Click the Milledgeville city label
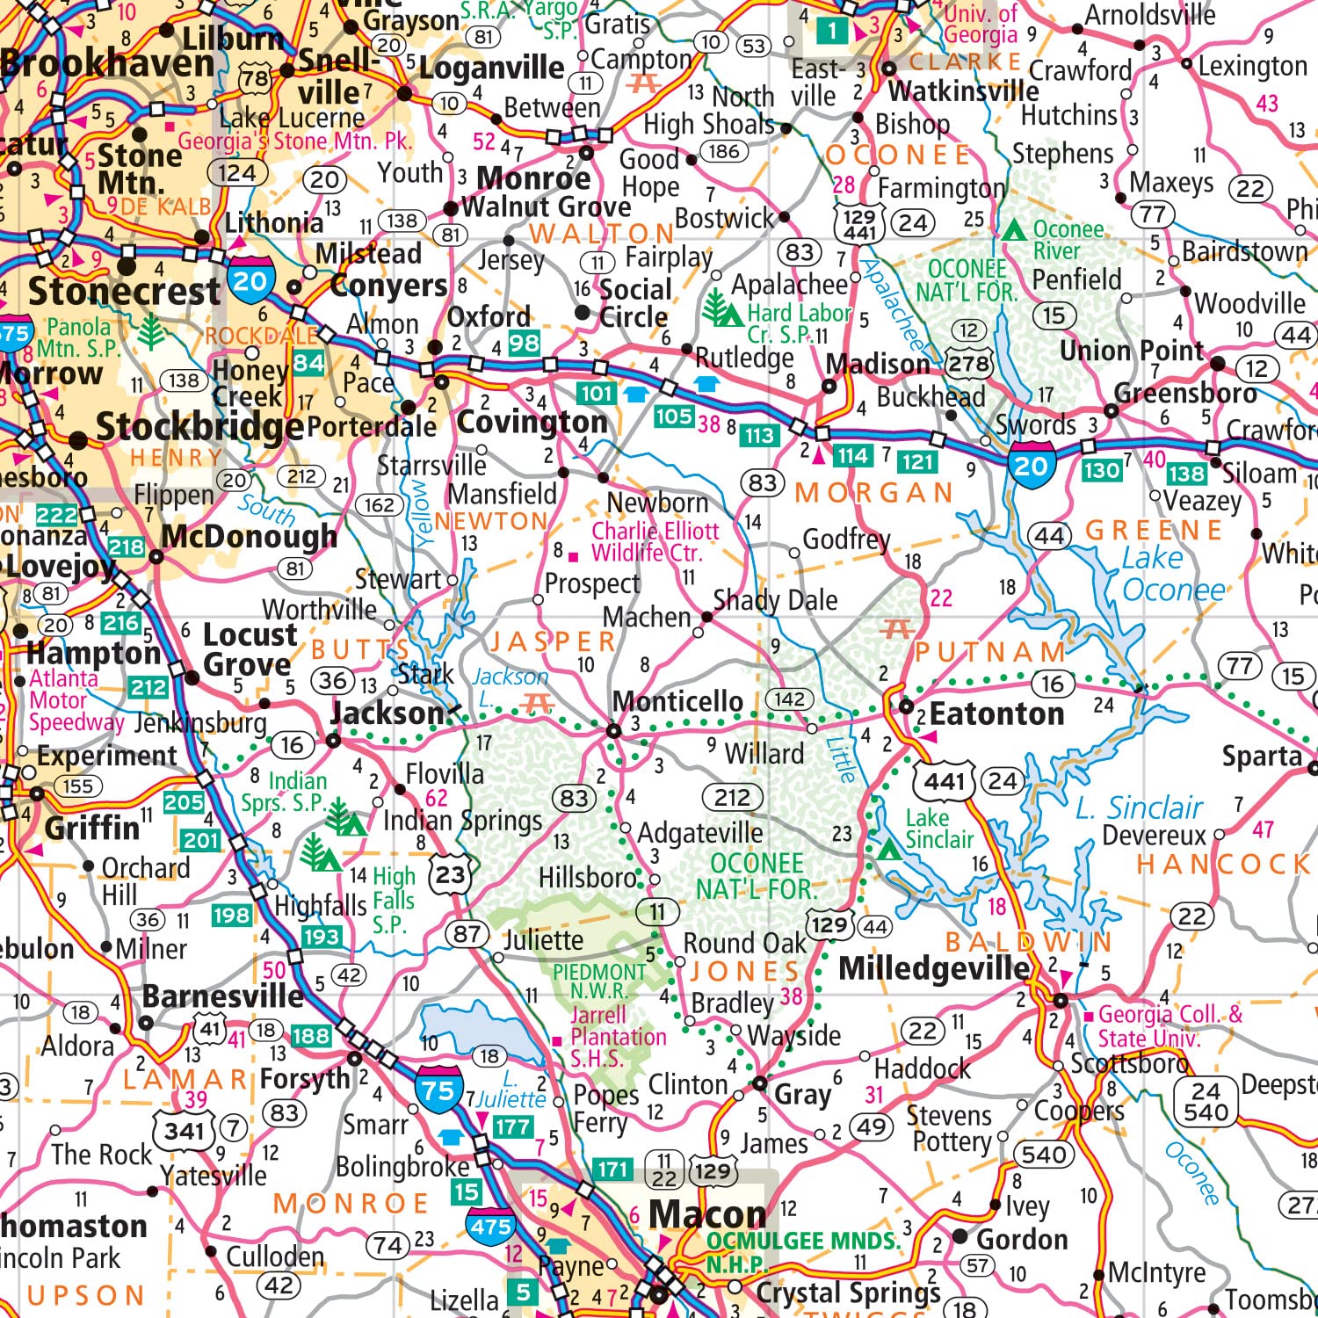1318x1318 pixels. (x=934, y=968)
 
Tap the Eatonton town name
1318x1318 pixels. (x=996, y=714)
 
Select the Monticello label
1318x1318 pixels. (x=677, y=701)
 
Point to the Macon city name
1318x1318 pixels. (x=707, y=1215)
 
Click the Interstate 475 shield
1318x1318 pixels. (x=490, y=1227)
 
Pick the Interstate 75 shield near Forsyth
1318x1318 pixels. (x=438, y=1091)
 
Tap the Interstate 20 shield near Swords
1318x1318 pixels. (x=1031, y=466)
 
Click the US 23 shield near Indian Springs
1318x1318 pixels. (x=451, y=874)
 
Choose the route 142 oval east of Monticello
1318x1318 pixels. (x=789, y=699)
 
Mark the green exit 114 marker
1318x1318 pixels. (x=852, y=456)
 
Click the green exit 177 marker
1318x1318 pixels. (x=512, y=1126)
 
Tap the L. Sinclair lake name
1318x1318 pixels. (x=1139, y=807)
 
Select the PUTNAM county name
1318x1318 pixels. (x=990, y=652)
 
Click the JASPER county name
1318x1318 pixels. (x=553, y=641)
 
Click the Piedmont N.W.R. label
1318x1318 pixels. (x=599, y=981)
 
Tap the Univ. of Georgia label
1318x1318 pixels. (x=981, y=24)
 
